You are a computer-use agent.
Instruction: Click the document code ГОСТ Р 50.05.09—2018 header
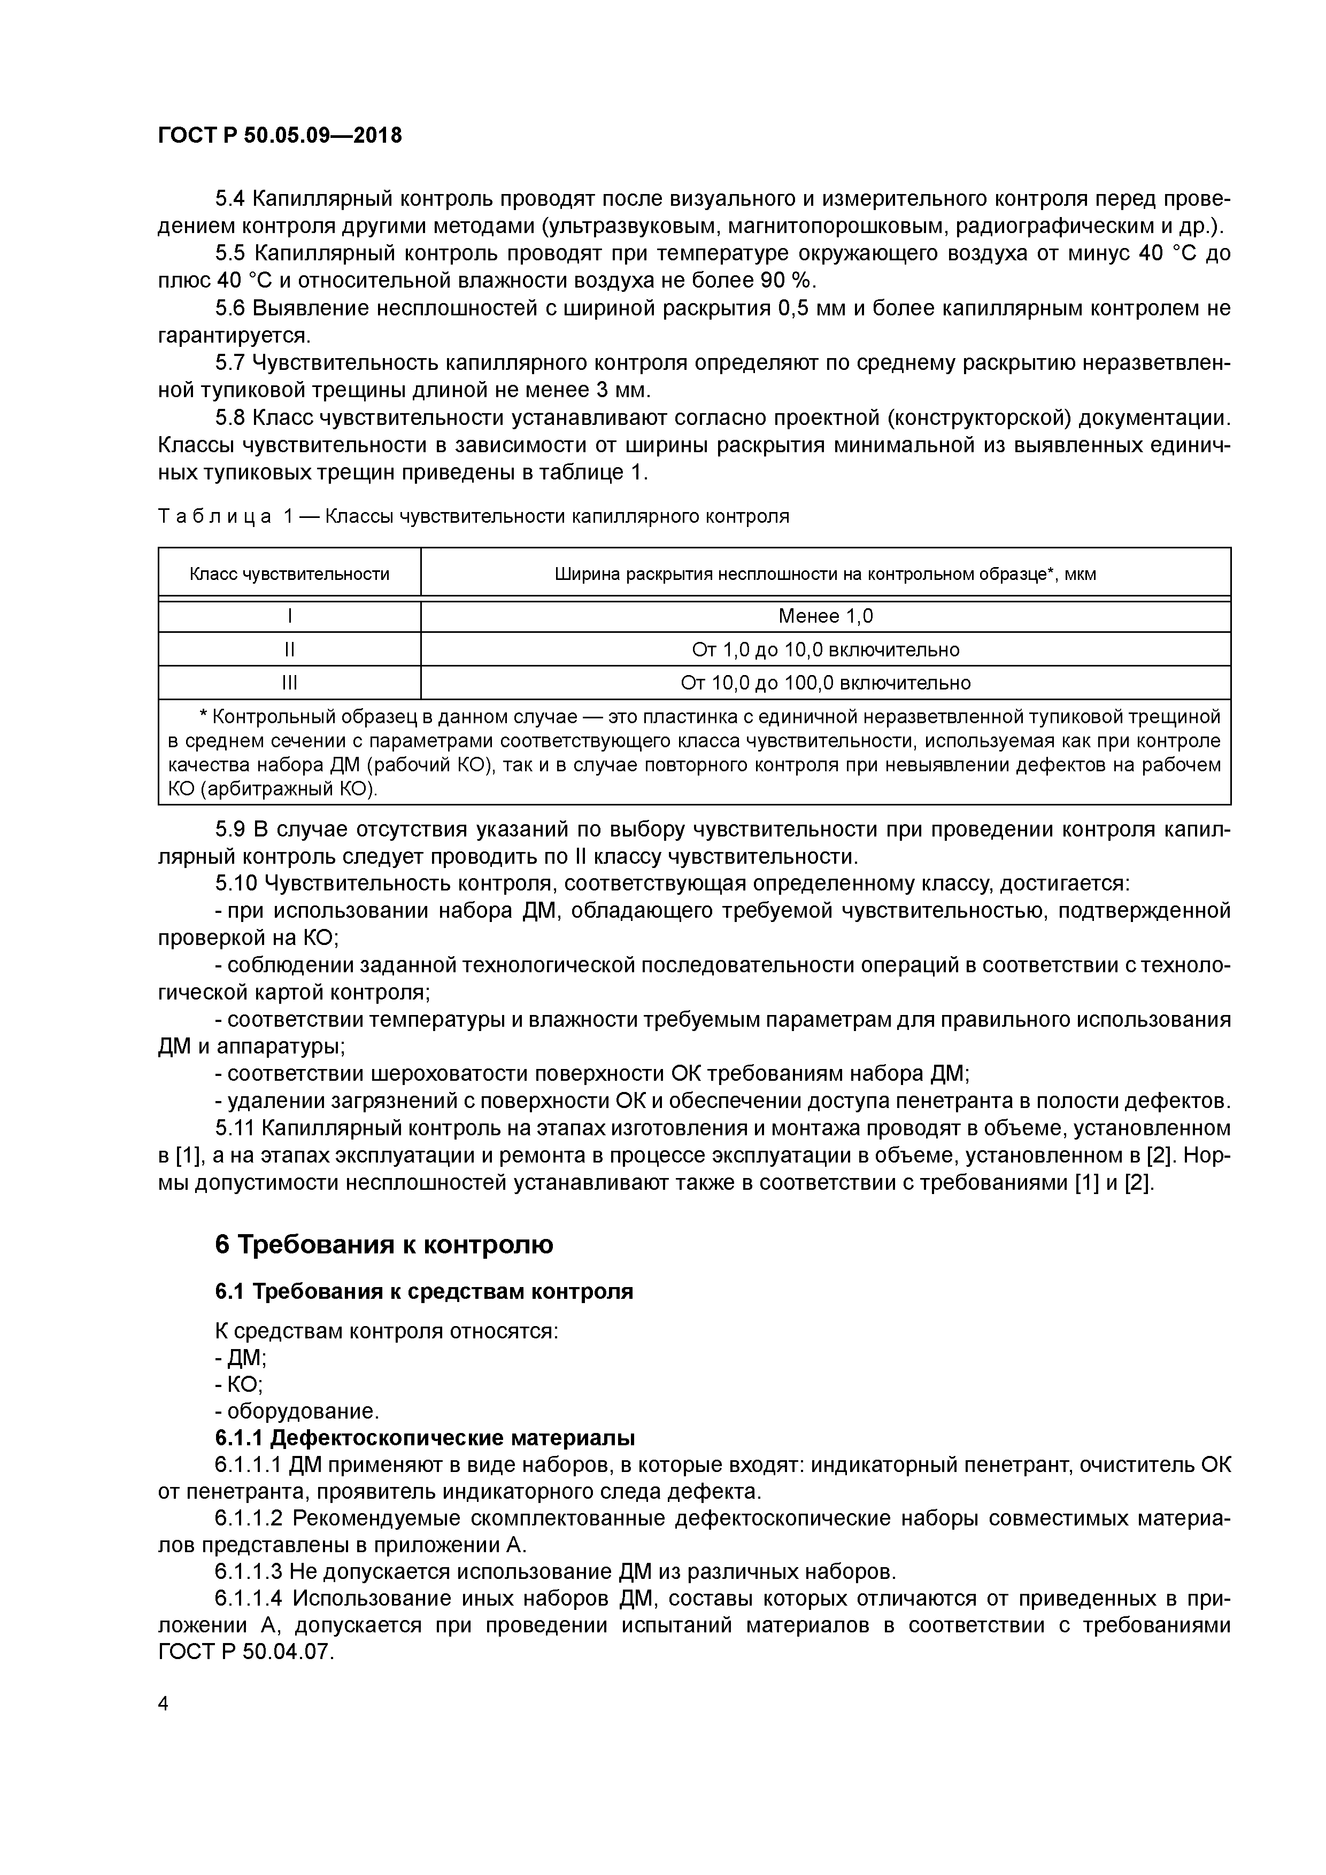[x=280, y=136]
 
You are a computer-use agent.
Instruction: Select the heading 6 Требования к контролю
[x=384, y=1244]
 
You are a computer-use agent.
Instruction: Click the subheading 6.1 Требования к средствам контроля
[x=424, y=1291]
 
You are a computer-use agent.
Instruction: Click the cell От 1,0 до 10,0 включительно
[x=825, y=649]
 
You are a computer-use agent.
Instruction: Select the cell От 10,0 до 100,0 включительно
[x=825, y=683]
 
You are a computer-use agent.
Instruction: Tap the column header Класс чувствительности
[x=289, y=574]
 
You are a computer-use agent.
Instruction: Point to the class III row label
[x=289, y=683]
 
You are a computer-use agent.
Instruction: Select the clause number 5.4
[x=230, y=198]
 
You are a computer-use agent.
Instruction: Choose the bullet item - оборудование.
[x=297, y=1411]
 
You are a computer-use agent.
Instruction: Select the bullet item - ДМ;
[x=241, y=1357]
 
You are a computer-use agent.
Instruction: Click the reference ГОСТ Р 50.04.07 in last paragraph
[x=245, y=1651]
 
